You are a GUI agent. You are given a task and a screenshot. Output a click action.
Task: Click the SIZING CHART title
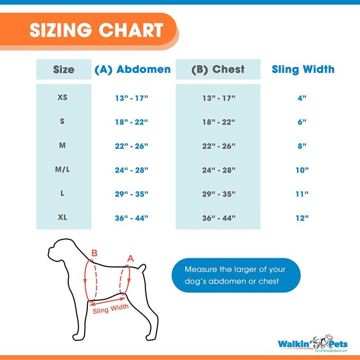[x=96, y=30]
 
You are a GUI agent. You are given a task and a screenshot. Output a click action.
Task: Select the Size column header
[x=64, y=69]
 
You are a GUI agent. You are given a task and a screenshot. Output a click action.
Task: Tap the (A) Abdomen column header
[x=132, y=69]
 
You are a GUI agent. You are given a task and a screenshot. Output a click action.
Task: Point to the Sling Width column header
[x=303, y=69]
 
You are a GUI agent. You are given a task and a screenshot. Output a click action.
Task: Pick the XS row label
[x=62, y=98]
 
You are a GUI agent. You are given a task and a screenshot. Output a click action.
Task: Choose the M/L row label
[x=62, y=170]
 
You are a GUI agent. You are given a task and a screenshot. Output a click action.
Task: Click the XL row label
[x=62, y=218]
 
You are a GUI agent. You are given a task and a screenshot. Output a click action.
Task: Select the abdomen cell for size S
[x=132, y=122]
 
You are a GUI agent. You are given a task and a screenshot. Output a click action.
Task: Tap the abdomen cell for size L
[x=132, y=194]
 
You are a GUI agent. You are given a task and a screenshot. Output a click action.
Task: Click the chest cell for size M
[x=219, y=146]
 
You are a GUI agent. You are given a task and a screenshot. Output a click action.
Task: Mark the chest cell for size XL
[x=219, y=218]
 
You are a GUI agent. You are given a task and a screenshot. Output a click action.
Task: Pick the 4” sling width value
[x=302, y=98]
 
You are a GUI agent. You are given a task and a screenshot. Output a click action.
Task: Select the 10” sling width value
[x=302, y=170]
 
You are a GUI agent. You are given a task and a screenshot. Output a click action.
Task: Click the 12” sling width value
[x=302, y=218]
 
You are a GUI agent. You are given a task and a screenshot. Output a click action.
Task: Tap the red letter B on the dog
[x=94, y=254]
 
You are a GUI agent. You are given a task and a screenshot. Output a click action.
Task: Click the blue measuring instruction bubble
[x=236, y=275]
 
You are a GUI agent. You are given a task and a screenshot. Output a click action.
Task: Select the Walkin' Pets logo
[x=312, y=343]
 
